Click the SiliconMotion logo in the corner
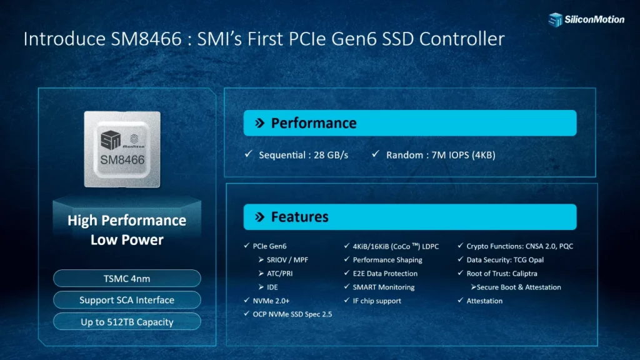click(x=586, y=19)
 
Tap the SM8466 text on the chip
click(x=122, y=159)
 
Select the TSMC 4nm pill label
click(x=127, y=279)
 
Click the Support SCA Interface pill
click(x=127, y=300)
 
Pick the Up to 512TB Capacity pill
click(x=127, y=322)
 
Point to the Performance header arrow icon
click(x=259, y=123)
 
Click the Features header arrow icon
click(x=259, y=217)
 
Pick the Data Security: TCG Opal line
click(x=504, y=259)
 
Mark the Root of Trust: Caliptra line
click(x=501, y=273)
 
